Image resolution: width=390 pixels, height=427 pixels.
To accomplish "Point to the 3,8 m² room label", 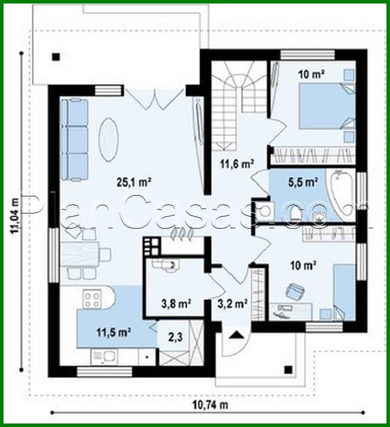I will (175, 303).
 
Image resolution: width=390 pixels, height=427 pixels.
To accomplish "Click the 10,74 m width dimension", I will (210, 405).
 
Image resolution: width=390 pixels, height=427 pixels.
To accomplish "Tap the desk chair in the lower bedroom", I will (294, 290).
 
